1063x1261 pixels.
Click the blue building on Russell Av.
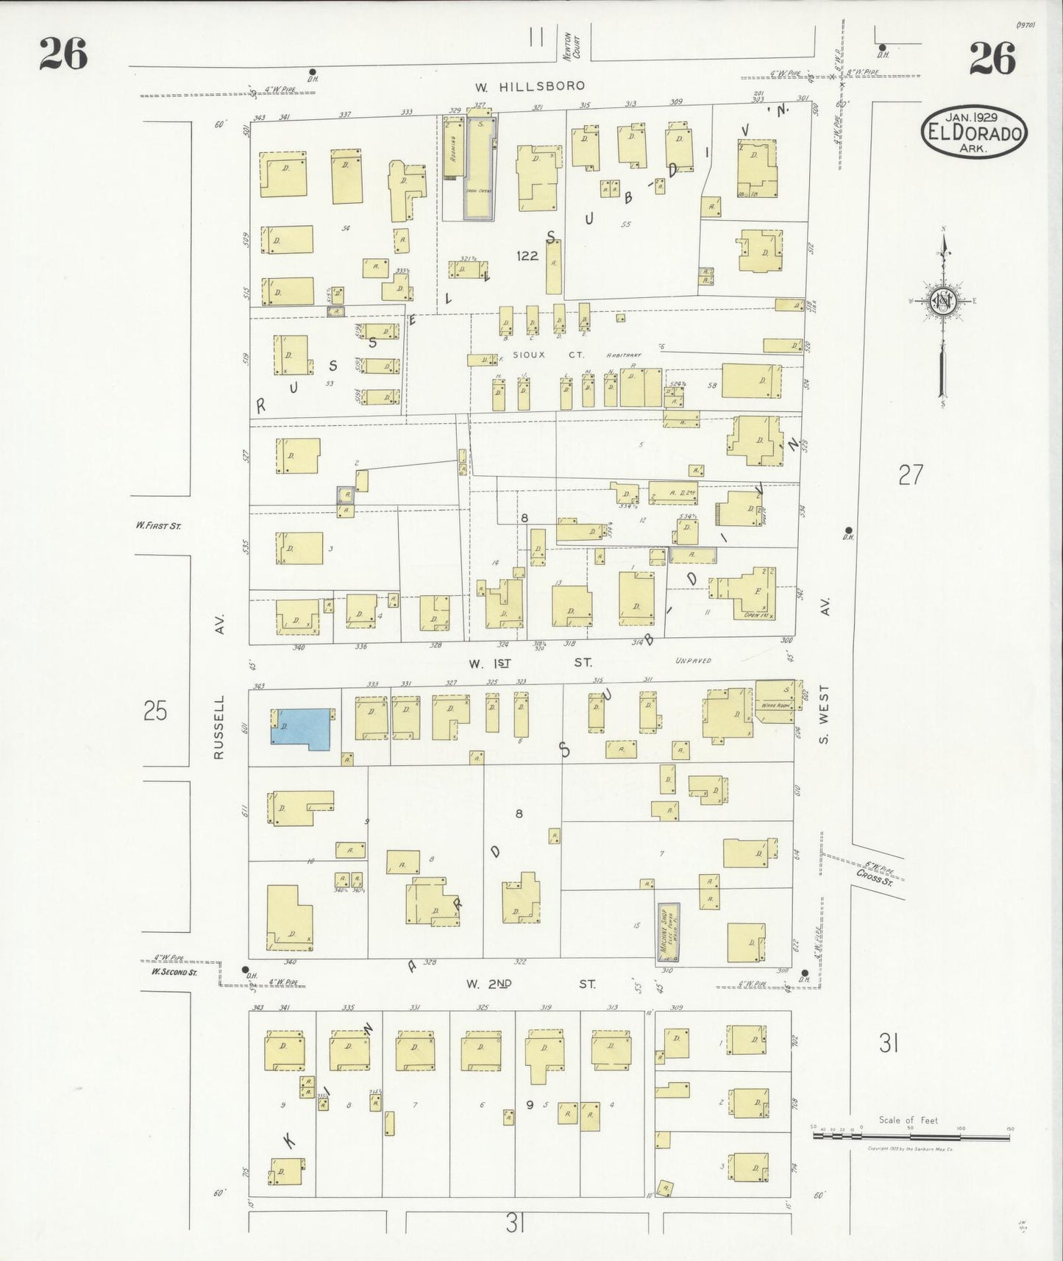[302, 729]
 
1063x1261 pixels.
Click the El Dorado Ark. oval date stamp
[974, 132]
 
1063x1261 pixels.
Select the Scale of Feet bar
[911, 1136]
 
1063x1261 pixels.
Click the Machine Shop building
[668, 932]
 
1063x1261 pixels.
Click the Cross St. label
[874, 877]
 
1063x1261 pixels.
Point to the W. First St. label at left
[157, 525]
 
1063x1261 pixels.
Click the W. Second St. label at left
[174, 972]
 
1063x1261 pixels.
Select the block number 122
[527, 256]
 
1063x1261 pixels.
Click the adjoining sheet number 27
[910, 475]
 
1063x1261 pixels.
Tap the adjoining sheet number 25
[155, 711]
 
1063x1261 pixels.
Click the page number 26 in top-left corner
[63, 54]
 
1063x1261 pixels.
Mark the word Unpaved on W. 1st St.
[693, 661]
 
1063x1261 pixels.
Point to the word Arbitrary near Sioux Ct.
[624, 355]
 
